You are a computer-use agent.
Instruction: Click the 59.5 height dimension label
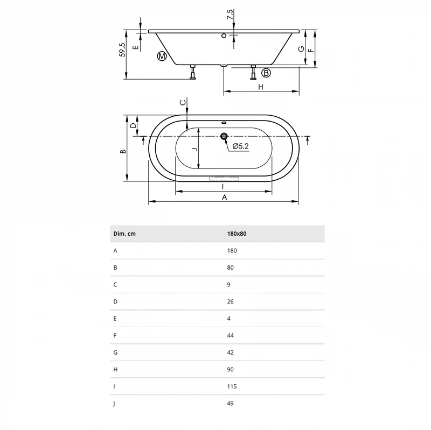tap(122, 50)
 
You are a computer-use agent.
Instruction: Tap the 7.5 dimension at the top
tap(230, 15)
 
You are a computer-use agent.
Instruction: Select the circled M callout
tap(162, 57)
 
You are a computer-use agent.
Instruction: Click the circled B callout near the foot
tap(266, 73)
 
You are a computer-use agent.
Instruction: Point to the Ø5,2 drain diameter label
tap(240, 146)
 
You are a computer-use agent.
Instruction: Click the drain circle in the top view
tap(224, 136)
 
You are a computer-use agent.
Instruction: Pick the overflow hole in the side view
tap(224, 36)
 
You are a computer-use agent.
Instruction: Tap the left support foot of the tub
tap(193, 72)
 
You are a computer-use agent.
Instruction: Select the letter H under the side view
tap(261, 87)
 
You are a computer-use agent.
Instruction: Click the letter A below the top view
tap(225, 198)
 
